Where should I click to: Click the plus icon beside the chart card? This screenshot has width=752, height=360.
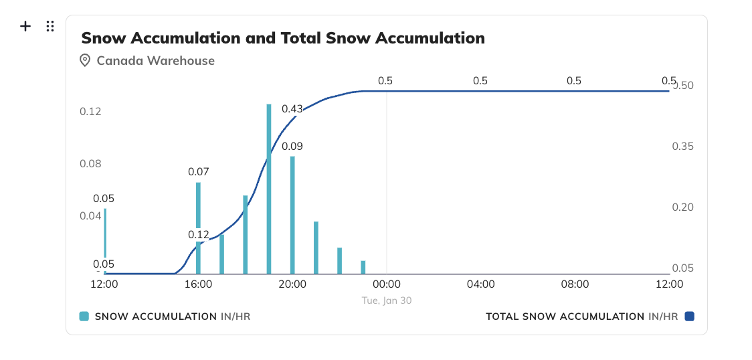(x=25, y=26)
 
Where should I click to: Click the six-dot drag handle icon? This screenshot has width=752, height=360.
(x=50, y=26)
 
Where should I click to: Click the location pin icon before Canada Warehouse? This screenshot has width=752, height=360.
(x=85, y=60)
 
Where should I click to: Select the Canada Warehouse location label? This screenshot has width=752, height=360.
(x=155, y=60)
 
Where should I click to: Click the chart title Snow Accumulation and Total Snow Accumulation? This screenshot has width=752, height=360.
(x=282, y=37)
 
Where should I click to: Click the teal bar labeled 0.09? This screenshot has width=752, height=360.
(x=292, y=214)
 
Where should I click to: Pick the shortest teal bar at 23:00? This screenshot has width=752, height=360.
(x=363, y=267)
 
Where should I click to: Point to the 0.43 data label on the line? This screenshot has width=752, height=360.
(x=292, y=108)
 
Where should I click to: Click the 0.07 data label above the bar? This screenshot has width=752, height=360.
(x=199, y=171)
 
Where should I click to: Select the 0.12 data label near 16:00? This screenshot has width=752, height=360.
(x=199, y=234)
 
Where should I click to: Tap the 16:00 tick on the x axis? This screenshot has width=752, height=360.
(x=198, y=284)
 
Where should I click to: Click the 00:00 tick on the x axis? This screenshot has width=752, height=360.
(x=387, y=284)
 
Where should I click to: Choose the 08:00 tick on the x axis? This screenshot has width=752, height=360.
(x=575, y=284)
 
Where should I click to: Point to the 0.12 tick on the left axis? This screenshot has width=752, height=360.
(x=90, y=111)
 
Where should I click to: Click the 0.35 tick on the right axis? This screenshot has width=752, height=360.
(x=682, y=147)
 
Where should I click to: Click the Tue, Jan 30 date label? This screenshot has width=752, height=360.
(x=387, y=300)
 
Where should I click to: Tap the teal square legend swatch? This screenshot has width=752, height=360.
(x=84, y=316)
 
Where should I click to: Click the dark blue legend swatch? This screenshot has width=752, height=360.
(x=689, y=316)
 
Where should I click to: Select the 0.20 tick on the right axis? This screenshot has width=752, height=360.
(x=682, y=207)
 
